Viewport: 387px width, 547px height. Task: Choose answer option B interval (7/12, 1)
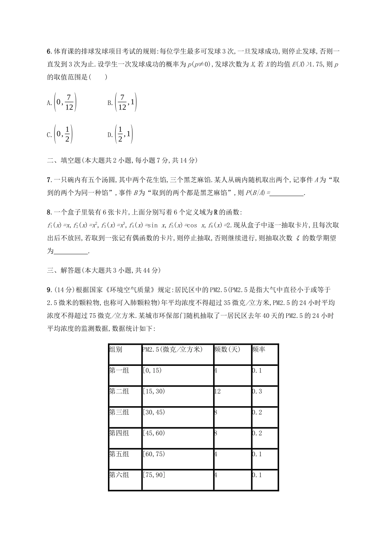coord(122,103)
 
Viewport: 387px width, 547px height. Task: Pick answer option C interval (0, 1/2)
coord(60,135)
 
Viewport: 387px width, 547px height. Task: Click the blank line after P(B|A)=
coord(287,193)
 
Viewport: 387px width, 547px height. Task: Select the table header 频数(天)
coord(227,350)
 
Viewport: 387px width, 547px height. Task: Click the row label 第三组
coord(119,412)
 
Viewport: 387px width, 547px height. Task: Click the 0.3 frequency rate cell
coord(257,392)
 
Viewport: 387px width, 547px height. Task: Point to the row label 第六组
coord(119,475)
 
